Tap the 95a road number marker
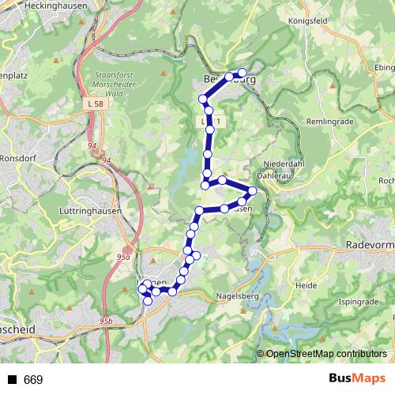pyautogui.click(x=123, y=257)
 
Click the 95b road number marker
pyautogui.click(x=107, y=320)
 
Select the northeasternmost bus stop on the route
pyautogui.click(x=243, y=73)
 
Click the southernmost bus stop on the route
pyautogui.click(x=148, y=301)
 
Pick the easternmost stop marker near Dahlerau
pyautogui.click(x=253, y=190)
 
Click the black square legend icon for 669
pyautogui.click(x=11, y=380)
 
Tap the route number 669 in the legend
pyautogui.click(x=33, y=380)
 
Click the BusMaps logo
pyautogui.click(x=356, y=379)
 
